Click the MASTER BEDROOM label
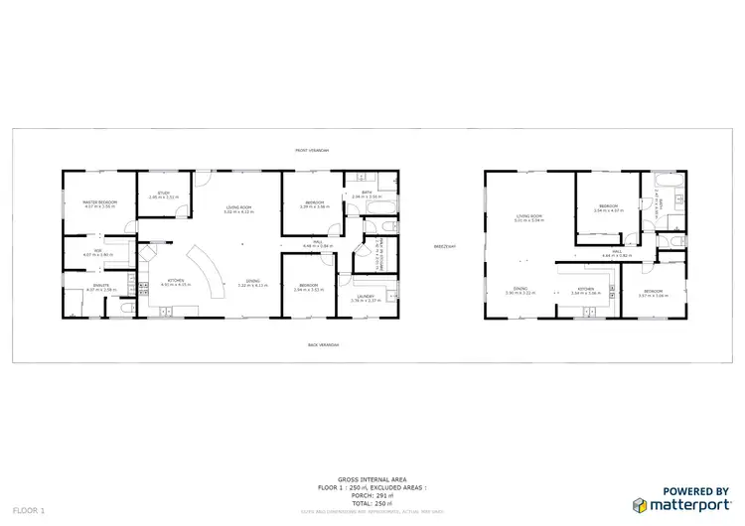[100, 201]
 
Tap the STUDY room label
[164, 193]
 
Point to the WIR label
[99, 250]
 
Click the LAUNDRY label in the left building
[366, 296]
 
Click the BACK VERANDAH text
[324, 345]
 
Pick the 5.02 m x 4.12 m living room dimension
[238, 212]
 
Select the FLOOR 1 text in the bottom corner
[29, 510]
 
